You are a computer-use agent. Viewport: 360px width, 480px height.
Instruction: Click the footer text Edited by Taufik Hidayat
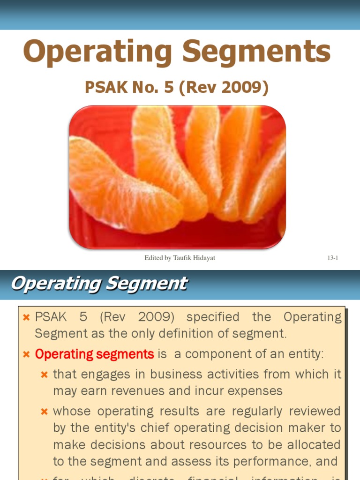(x=180, y=258)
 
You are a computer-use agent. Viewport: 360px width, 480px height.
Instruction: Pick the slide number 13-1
(x=333, y=258)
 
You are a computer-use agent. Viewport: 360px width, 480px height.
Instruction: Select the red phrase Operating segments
(x=95, y=354)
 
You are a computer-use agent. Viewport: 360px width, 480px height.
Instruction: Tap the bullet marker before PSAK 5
(x=27, y=318)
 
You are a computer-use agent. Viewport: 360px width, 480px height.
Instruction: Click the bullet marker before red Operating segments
(x=27, y=355)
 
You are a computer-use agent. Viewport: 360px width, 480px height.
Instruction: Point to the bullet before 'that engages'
(x=45, y=375)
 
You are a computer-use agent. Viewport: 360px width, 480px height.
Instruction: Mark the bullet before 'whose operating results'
(x=45, y=412)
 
